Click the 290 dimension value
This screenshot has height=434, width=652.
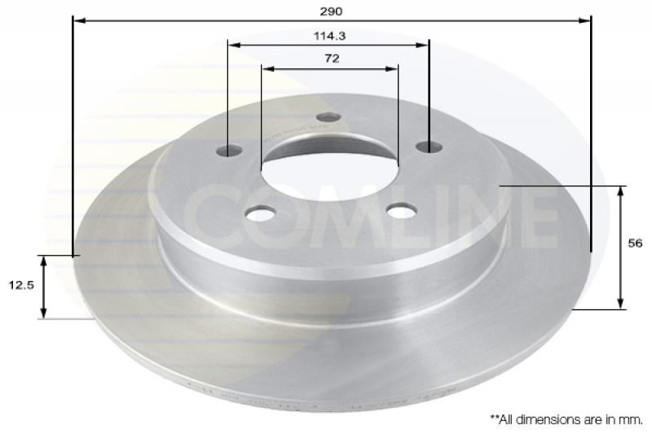click(x=331, y=11)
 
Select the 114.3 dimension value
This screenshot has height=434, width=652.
click(x=330, y=36)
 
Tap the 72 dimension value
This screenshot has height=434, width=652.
click(x=332, y=59)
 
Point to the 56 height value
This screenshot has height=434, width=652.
click(x=635, y=243)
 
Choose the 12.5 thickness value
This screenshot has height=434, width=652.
click(x=21, y=285)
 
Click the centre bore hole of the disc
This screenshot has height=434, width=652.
click(x=329, y=169)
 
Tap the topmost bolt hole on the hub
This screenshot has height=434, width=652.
click(x=328, y=117)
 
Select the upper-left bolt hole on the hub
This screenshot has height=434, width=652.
click(x=230, y=150)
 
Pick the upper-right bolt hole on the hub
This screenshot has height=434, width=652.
click(x=430, y=147)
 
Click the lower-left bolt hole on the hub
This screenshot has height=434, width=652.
click(x=260, y=213)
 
